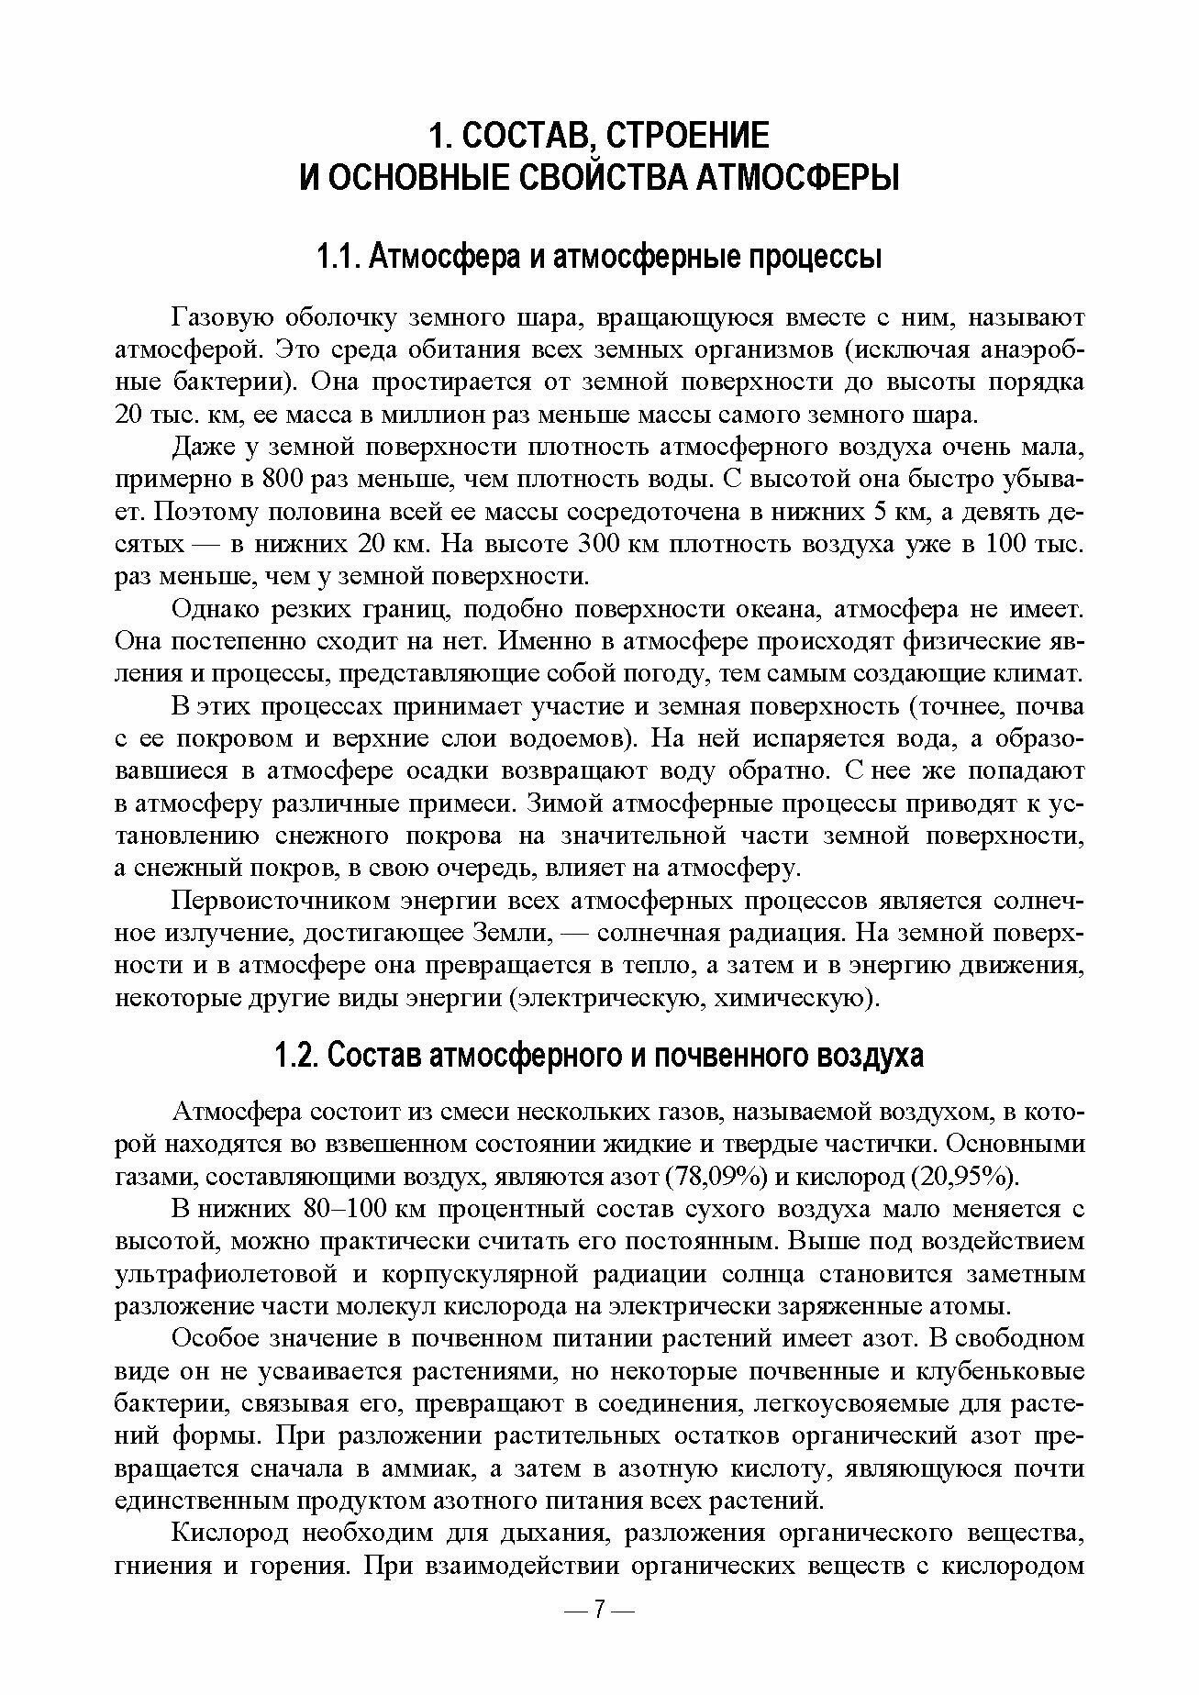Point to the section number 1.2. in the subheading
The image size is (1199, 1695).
point(296,1056)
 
